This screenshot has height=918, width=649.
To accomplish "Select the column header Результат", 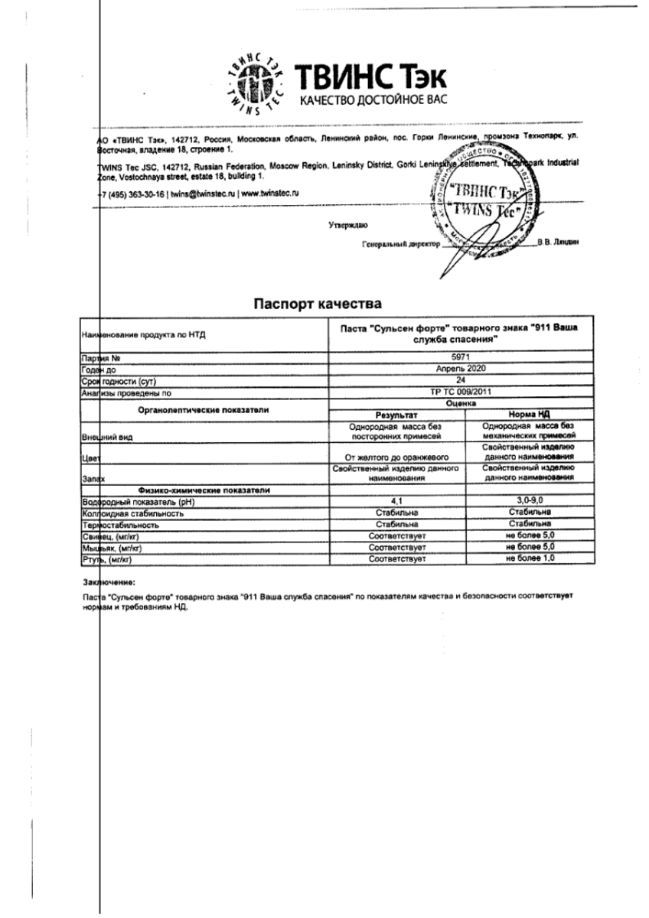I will coord(396,414).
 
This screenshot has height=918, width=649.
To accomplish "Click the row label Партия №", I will coord(101,357).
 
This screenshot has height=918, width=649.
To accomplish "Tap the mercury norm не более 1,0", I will coord(530,560).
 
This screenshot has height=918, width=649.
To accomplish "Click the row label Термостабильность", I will coord(120,526).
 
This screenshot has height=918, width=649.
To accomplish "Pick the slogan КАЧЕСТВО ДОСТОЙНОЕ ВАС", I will coord(372,101).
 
